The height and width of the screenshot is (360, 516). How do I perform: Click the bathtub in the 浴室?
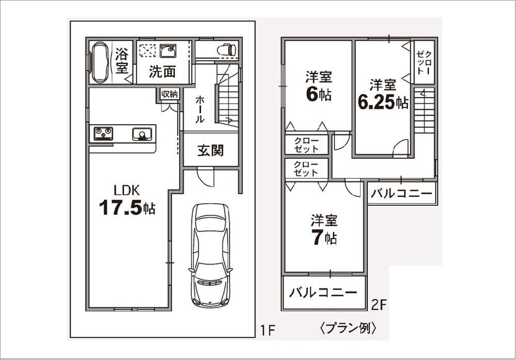[x=100, y=61]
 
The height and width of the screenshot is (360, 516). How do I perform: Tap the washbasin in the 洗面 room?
[x=167, y=52]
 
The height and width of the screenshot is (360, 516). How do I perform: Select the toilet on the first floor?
[x=227, y=50]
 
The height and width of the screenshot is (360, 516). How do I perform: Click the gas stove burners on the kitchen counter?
[x=103, y=134]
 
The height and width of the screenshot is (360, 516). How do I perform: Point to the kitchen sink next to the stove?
[x=141, y=135]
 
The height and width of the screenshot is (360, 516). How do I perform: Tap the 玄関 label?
[x=211, y=151]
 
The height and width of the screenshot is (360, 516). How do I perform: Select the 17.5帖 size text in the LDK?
[x=127, y=208]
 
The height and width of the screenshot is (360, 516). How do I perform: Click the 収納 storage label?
[x=169, y=94]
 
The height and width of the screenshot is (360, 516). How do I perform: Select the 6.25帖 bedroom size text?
[x=383, y=102]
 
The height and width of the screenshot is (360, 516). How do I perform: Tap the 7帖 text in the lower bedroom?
[x=324, y=238]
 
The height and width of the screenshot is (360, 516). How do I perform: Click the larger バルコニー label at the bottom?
[x=323, y=293]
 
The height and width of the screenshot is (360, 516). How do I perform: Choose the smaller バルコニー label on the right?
[x=402, y=194]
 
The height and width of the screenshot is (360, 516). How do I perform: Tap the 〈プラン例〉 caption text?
[x=348, y=328]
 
